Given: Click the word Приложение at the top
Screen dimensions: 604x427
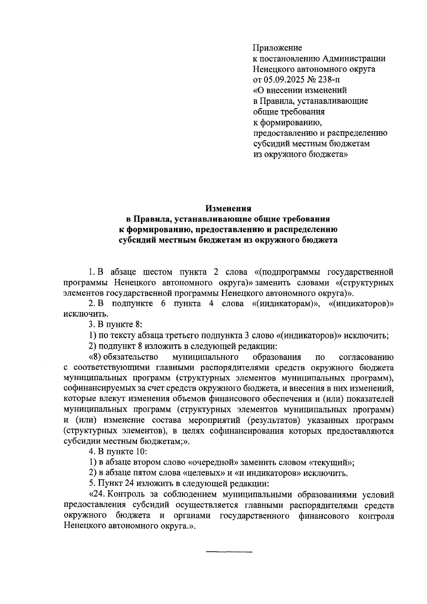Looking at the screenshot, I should point(277,48).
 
